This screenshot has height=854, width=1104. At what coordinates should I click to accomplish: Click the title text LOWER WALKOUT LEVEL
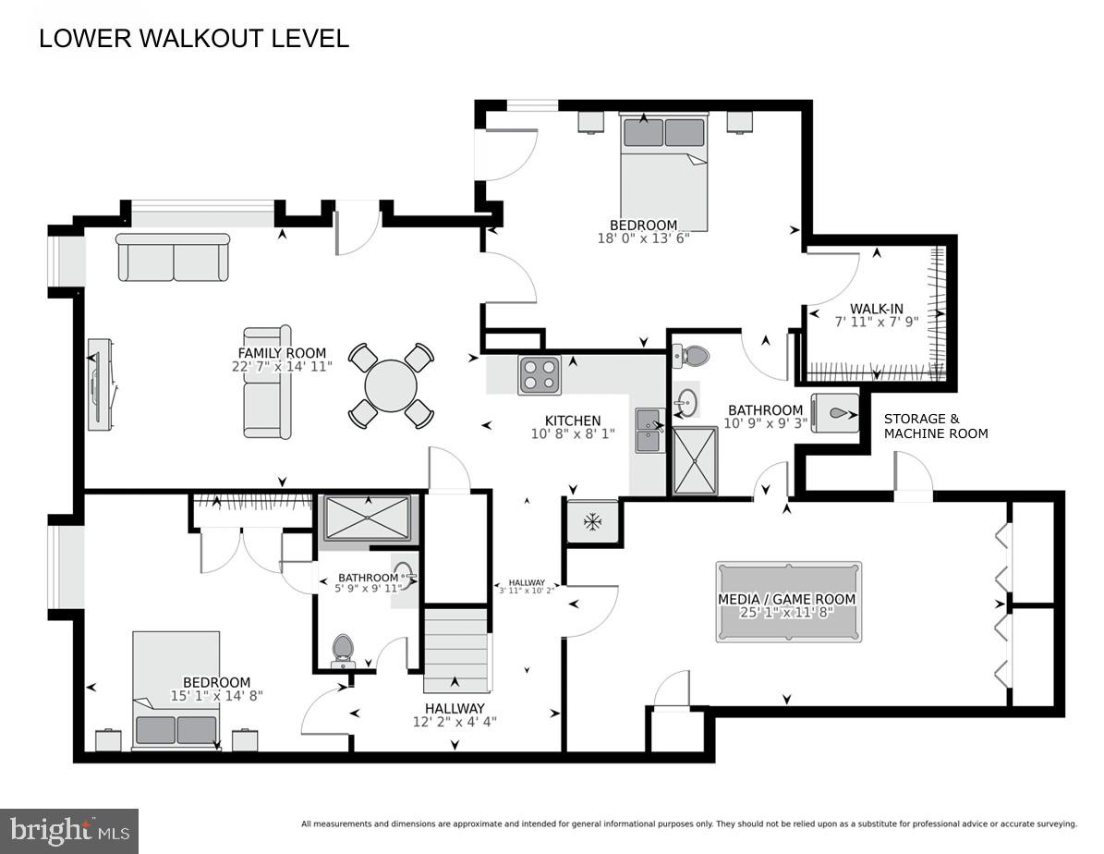click(194, 39)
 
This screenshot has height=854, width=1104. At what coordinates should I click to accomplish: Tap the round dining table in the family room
click(391, 385)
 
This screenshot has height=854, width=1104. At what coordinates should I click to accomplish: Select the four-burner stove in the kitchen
click(540, 374)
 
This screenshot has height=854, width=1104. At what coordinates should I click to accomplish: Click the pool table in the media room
click(788, 601)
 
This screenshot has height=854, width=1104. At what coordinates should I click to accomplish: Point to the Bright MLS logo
click(69, 831)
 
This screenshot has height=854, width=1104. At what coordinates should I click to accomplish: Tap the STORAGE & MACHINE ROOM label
click(936, 426)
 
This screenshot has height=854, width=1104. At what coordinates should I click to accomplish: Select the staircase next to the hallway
click(455, 649)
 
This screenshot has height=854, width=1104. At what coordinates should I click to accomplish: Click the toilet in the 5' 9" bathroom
click(343, 650)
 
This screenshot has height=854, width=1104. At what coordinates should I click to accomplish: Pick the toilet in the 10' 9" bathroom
click(691, 355)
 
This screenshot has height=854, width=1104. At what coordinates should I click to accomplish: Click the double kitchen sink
click(649, 431)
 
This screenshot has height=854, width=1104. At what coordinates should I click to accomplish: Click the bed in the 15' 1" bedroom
click(176, 689)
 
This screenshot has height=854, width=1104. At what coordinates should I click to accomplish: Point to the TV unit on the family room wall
click(101, 384)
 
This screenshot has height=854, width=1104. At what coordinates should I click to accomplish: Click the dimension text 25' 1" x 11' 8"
click(787, 613)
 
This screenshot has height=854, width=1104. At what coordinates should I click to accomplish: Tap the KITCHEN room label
click(573, 421)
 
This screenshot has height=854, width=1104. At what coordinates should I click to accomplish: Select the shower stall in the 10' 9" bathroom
click(695, 459)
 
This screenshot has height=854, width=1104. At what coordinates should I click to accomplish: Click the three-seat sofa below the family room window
click(173, 257)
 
